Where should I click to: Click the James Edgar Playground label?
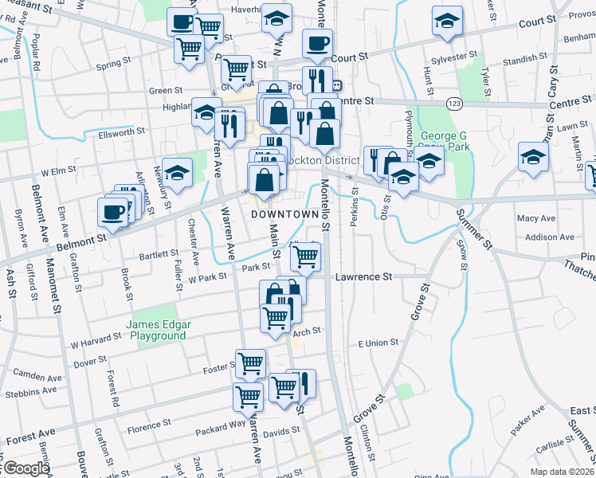155,330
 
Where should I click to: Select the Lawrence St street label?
364,276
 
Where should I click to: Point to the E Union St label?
378,343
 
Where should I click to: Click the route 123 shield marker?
454,104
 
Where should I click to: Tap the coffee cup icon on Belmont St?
112,212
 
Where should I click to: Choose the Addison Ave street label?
550,237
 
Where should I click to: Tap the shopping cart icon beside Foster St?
251,363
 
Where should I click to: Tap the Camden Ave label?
37,377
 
